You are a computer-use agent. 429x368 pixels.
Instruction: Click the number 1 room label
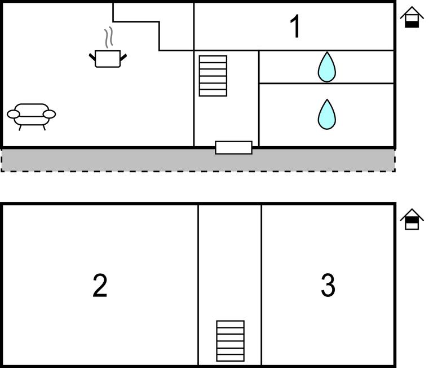[x=295, y=27]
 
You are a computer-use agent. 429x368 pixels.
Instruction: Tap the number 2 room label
[x=100, y=286]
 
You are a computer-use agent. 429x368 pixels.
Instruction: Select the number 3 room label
[x=328, y=286]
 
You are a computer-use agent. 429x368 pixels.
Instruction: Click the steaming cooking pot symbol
[x=108, y=58]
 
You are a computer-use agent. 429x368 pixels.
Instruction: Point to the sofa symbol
[x=32, y=115]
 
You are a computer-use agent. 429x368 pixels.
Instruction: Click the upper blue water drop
[x=326, y=67]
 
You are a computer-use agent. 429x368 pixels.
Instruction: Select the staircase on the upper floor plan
[x=213, y=76]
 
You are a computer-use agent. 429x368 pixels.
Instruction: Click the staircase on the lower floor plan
[x=231, y=340]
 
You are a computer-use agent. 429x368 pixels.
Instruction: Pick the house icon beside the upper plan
[x=412, y=17]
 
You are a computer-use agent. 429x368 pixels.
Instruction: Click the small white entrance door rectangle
[x=233, y=148]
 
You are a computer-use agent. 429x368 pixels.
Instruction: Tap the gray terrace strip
[x=113, y=160]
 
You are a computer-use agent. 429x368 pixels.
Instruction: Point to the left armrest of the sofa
[x=14, y=115]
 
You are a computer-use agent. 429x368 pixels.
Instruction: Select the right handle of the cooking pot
[x=123, y=56]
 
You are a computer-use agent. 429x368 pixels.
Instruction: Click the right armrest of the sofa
[x=50, y=115]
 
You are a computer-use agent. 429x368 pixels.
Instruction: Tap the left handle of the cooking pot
[x=92, y=56]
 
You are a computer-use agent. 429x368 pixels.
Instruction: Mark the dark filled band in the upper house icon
[x=412, y=23]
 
